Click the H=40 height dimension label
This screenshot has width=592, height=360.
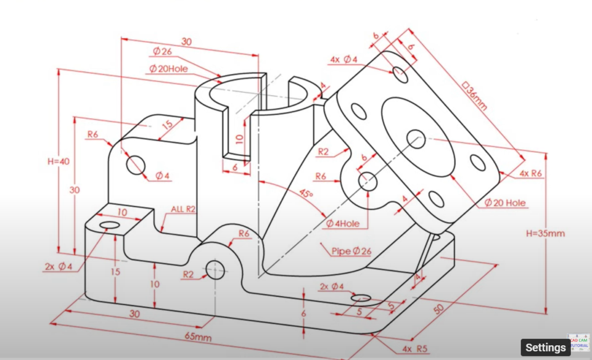click(59, 162)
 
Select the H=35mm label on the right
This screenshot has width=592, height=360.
click(545, 234)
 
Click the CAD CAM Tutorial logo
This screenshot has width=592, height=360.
click(578, 342)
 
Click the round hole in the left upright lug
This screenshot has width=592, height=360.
click(135, 164)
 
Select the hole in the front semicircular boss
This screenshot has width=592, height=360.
click(216, 269)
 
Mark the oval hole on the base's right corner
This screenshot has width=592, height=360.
click(361, 298)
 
